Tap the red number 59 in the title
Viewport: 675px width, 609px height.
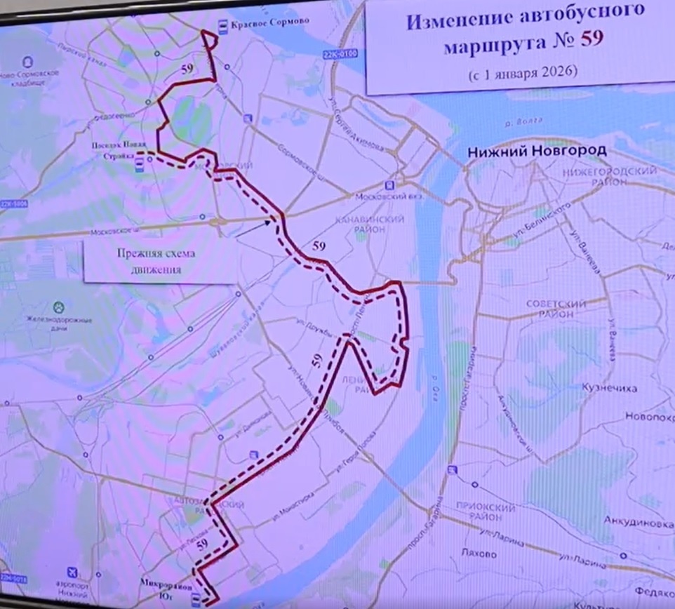click(591, 41)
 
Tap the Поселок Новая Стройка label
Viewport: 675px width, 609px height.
click(114, 149)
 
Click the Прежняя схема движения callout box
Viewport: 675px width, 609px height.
click(160, 260)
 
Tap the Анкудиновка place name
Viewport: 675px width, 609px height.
click(635, 523)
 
